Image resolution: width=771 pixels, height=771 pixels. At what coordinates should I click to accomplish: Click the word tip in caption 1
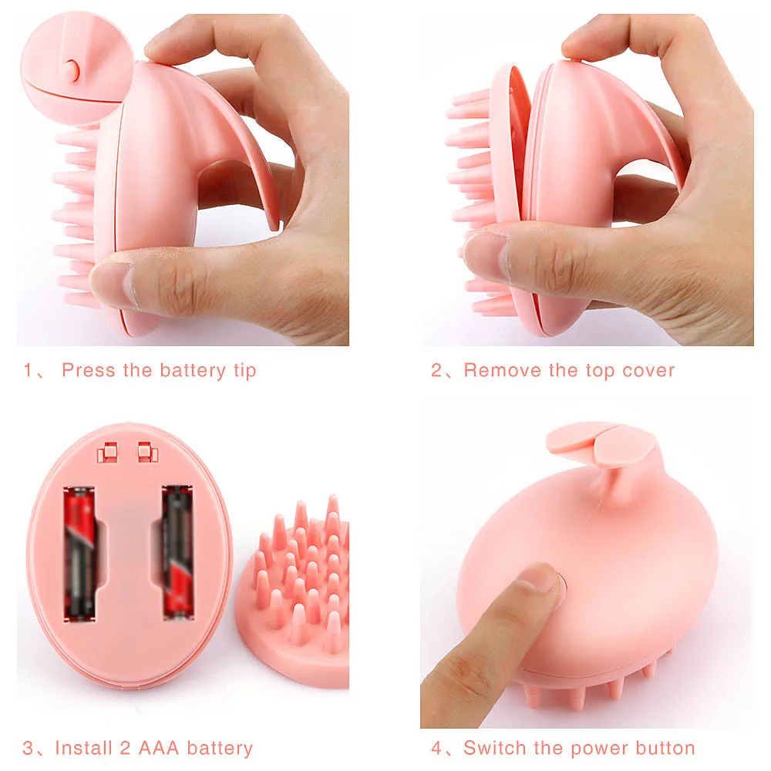(244, 371)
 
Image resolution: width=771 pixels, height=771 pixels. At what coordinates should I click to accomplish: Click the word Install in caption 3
(83, 747)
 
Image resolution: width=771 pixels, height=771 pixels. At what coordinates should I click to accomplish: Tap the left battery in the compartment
(79, 553)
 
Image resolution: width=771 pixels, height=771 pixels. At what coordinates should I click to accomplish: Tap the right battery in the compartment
(177, 552)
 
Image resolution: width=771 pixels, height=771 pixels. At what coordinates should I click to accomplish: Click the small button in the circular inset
(72, 70)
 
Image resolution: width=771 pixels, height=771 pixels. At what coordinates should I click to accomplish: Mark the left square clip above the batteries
(107, 452)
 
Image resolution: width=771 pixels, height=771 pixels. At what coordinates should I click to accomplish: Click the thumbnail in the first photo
(111, 284)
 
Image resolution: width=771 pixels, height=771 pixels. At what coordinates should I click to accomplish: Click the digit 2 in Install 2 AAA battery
(126, 747)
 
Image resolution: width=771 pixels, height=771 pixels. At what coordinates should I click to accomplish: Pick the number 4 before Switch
(436, 747)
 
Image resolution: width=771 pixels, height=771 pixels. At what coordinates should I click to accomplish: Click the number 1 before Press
(28, 370)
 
